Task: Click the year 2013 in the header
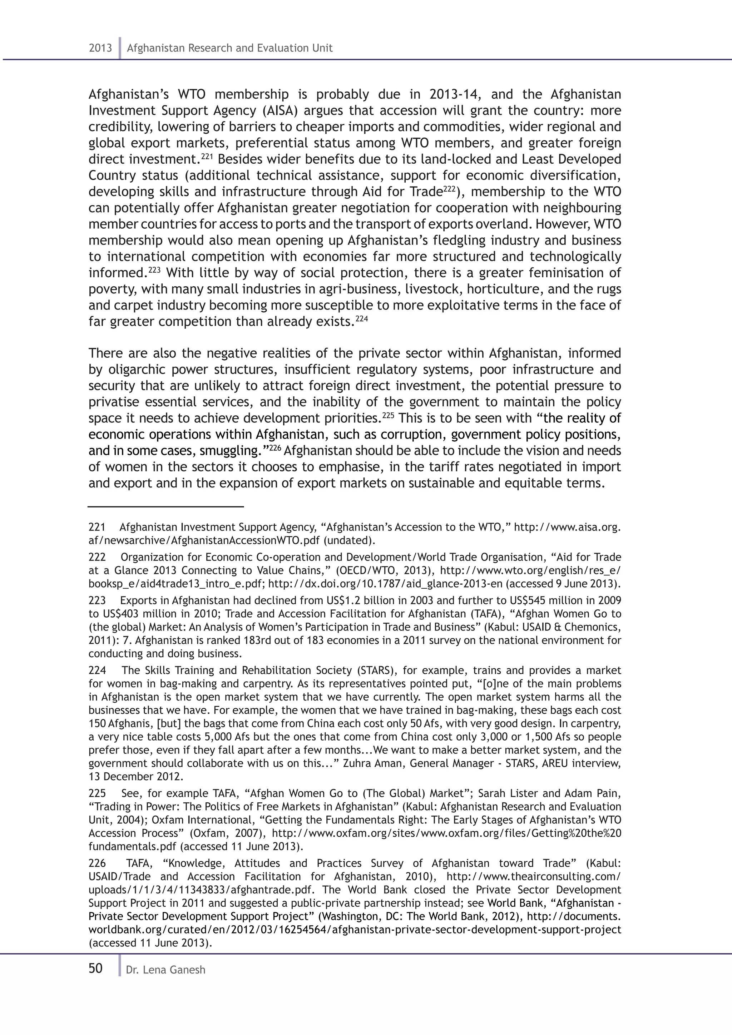[100, 48]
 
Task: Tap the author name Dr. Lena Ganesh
[165, 970]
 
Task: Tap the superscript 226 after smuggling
[275, 447]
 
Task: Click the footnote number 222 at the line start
[97, 557]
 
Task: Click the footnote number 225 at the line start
[97, 793]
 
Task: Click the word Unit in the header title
[323, 48]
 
